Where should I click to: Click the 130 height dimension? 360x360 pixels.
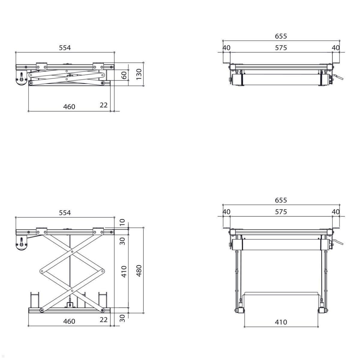coord(139,74)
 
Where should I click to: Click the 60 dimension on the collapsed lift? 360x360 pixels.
coord(124,75)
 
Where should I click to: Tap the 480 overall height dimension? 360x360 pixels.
coord(139,271)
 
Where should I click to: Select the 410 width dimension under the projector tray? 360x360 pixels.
coord(281,322)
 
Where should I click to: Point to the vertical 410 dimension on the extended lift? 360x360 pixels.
coord(124,271)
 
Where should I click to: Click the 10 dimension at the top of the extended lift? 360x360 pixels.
coord(122,222)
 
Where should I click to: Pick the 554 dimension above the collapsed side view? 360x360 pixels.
coord(64,47)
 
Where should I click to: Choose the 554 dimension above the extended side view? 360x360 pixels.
coord(64,212)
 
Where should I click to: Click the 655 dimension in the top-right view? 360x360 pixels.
coord(281,36)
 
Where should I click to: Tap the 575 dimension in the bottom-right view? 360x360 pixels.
coord(281,212)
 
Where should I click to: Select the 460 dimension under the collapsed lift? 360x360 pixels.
coord(69,106)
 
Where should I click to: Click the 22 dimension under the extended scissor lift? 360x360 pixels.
coord(103,320)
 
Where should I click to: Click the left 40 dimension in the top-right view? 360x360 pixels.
coord(227,48)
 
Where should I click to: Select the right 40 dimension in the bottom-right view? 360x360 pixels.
coord(336,212)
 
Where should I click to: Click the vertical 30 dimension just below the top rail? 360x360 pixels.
coord(122,241)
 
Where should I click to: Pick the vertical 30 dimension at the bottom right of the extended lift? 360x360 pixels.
coord(122,318)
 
